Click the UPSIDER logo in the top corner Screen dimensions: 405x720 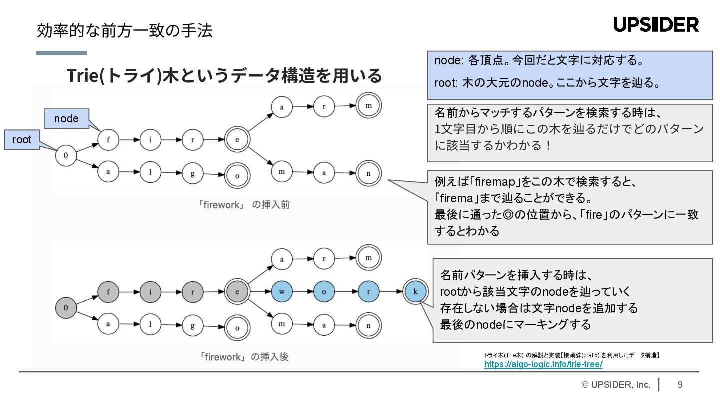[656, 24]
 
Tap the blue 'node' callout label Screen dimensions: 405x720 [66, 118]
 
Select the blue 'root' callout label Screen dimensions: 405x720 [21, 140]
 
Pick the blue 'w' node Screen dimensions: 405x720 [282, 291]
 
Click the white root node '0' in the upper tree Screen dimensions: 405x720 [66, 156]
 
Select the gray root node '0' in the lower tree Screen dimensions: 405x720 [66, 307]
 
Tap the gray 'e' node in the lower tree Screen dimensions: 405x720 [237, 291]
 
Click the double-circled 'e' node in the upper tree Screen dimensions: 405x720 [237, 140]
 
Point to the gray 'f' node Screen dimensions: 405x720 [108, 291]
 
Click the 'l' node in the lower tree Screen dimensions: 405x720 [150, 324]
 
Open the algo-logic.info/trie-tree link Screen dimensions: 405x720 [543, 364]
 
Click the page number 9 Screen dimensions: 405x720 [680, 384]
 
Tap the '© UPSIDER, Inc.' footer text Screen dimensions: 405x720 [616, 384]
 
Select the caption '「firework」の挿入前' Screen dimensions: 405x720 [244, 205]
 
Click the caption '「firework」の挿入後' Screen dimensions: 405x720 [244, 357]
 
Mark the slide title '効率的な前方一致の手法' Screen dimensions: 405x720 [125, 31]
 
